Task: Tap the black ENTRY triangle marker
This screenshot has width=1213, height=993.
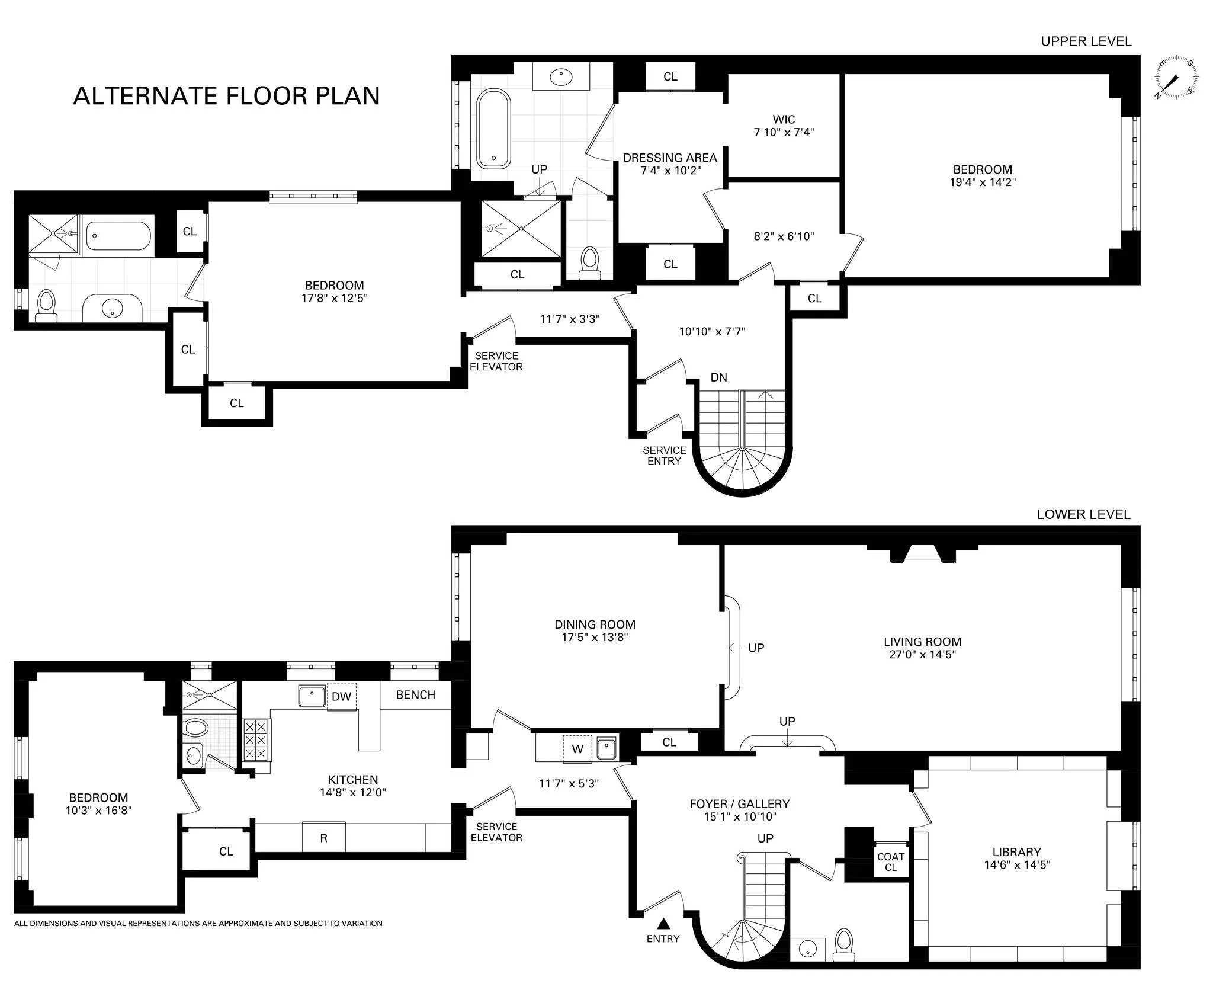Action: pos(664,923)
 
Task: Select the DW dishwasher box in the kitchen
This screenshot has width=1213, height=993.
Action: pos(342,696)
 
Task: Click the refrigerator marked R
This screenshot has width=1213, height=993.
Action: pos(323,837)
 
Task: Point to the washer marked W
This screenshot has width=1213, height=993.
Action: pos(577,748)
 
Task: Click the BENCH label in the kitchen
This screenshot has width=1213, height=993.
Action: pos(415,694)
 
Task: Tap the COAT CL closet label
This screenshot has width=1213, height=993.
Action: pos(891,861)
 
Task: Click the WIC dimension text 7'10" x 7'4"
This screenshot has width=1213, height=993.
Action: pos(784,132)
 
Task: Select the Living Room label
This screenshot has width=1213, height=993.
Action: pos(922,641)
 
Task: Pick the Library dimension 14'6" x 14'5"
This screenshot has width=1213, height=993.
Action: pos(1017,864)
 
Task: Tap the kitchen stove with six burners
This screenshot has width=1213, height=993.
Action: pos(256,739)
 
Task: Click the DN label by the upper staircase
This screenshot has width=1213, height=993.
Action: pos(718,377)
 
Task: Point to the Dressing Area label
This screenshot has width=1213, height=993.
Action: pos(670,158)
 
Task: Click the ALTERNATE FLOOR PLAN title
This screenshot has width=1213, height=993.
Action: pos(226,95)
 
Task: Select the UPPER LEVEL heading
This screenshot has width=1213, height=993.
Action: pos(1086,41)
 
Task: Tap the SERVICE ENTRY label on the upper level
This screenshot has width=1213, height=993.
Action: pos(664,455)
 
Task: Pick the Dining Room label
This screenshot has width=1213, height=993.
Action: pos(595,624)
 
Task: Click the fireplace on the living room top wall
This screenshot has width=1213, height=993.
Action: pos(923,553)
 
